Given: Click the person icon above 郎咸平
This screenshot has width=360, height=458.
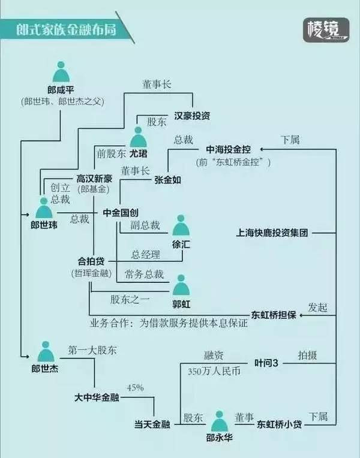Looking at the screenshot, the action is [x=61, y=71].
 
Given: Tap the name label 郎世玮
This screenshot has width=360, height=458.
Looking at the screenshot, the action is [x=44, y=225].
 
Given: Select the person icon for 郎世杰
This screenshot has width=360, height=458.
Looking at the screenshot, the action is [x=46, y=351].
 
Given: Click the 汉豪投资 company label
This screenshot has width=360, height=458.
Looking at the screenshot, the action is [x=192, y=116].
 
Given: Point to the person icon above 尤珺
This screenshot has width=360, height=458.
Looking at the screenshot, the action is [x=138, y=137].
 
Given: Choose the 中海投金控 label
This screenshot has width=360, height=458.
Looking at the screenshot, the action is [x=228, y=149].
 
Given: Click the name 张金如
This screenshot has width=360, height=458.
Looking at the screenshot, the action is [x=168, y=180].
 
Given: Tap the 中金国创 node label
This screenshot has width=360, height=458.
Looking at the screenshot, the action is [x=121, y=213].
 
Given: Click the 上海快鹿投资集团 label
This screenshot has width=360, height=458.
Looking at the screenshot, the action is [x=272, y=233].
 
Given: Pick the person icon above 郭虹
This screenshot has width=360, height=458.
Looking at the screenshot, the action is [x=181, y=285].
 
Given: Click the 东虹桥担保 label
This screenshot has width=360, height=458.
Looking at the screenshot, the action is [x=274, y=315].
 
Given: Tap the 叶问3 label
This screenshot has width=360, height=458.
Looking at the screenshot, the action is [x=266, y=363].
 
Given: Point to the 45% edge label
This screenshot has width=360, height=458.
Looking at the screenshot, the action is [x=135, y=388].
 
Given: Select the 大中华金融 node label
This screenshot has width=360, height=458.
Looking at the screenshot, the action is [x=97, y=397].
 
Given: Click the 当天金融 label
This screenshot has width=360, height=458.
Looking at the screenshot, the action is [x=152, y=424].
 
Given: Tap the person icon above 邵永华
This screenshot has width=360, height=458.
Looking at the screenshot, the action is [x=220, y=421].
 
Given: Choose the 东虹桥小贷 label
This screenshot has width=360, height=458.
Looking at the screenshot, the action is [x=279, y=424].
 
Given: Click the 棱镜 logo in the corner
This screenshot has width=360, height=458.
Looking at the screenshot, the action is [x=326, y=30].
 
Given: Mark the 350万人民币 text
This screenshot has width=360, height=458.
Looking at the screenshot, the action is [x=214, y=371].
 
